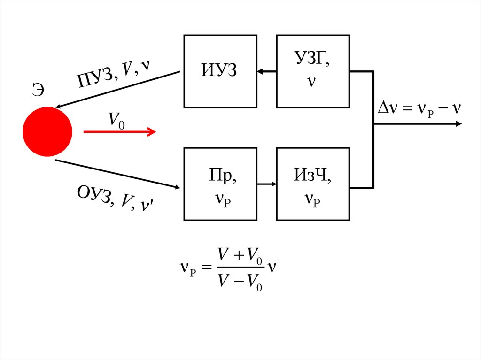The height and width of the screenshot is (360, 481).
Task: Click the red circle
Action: tap(47, 132)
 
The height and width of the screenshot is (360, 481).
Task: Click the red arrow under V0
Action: tap(119, 132)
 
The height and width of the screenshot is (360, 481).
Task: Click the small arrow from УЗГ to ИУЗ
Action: tap(266, 71)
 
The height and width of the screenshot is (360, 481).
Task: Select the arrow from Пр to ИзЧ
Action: tap(266, 184)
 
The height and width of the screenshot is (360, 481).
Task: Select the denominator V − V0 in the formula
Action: tap(240, 282)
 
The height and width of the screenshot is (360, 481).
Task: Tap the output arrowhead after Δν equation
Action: tap(458, 124)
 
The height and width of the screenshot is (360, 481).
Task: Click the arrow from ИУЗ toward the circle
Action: tap(117, 89)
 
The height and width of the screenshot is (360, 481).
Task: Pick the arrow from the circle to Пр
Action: tap(117, 174)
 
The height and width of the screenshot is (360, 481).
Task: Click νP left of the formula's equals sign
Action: tap(190, 268)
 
